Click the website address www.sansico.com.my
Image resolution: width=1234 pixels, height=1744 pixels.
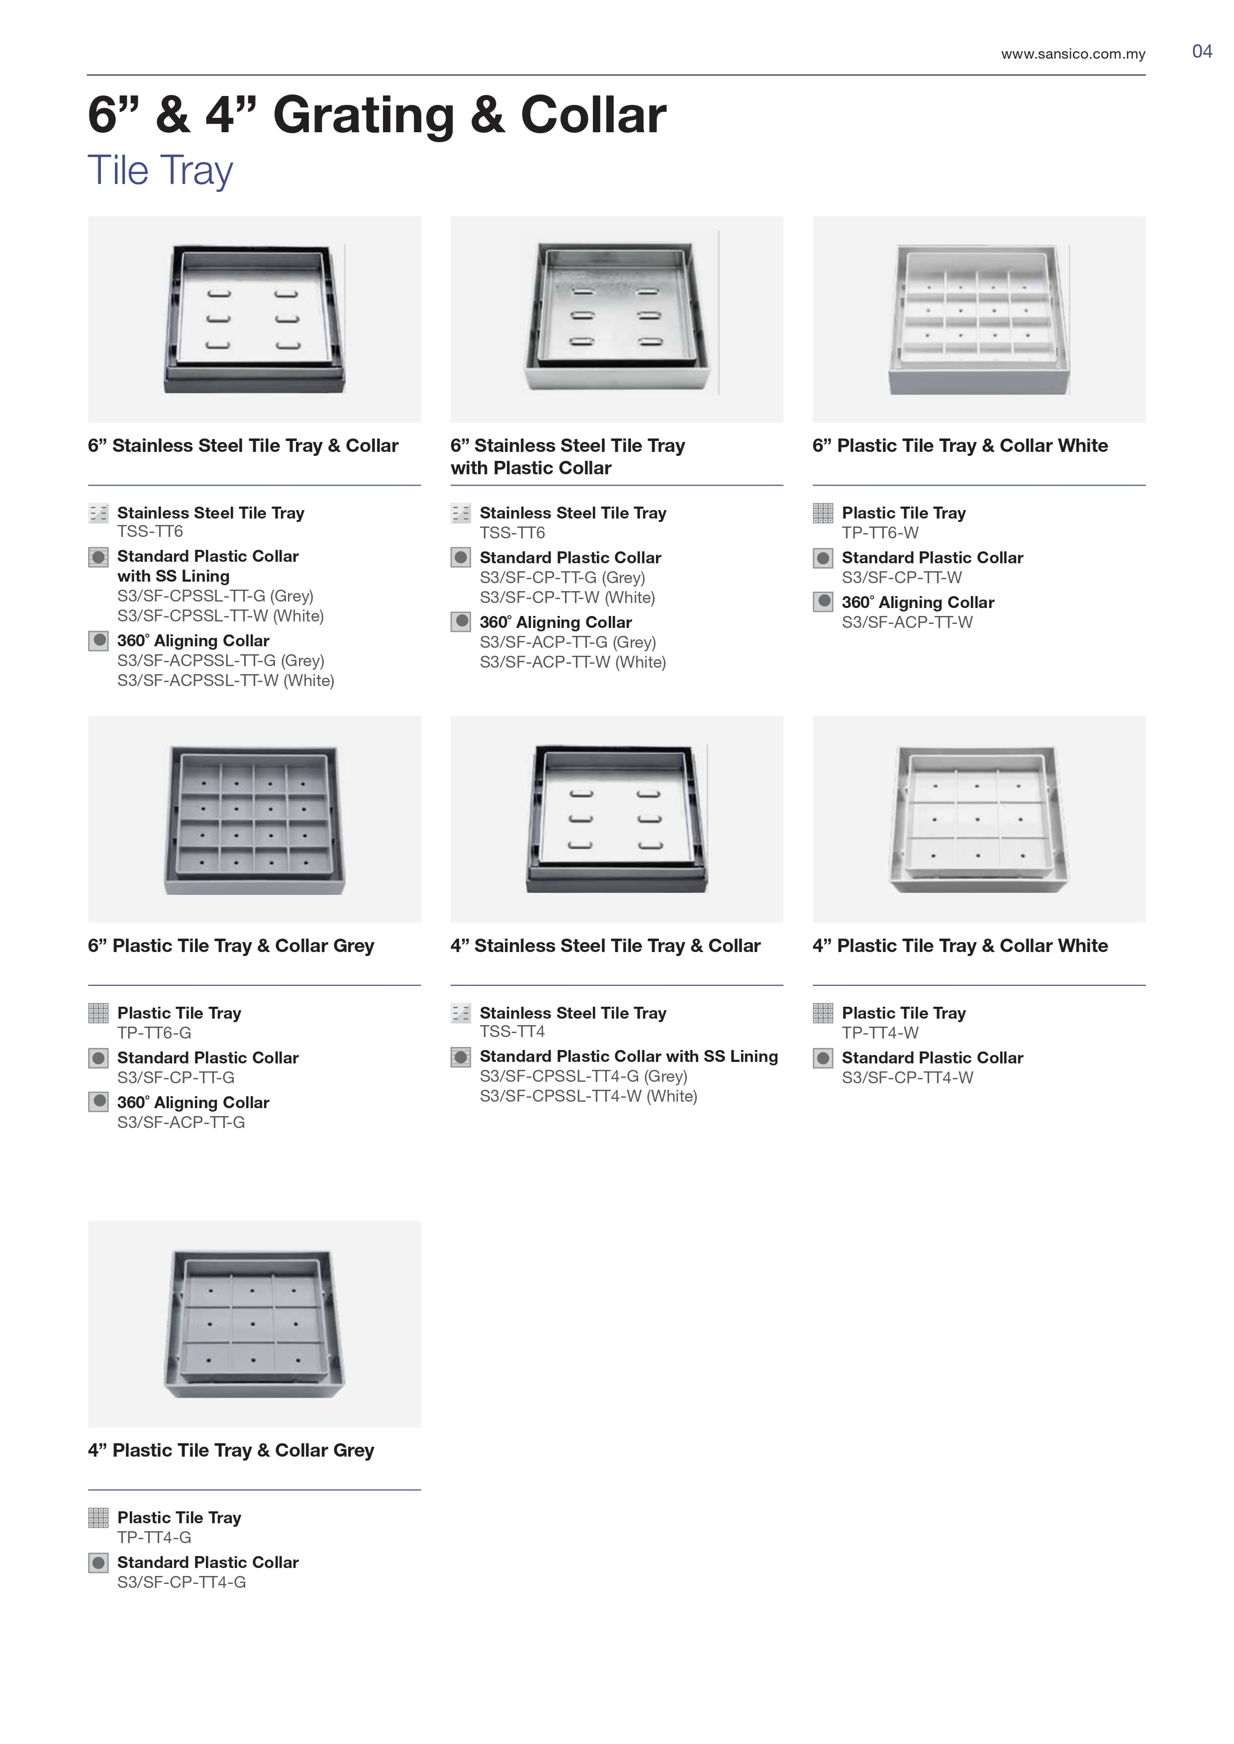click(x=1073, y=54)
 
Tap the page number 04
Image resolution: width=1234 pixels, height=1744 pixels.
click(x=1202, y=52)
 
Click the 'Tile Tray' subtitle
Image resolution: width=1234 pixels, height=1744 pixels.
click(x=160, y=170)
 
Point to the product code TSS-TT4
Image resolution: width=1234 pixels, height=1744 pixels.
click(x=512, y=1032)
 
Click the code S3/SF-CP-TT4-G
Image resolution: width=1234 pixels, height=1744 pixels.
click(x=182, y=1582)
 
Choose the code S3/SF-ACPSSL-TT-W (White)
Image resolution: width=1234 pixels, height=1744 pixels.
click(x=226, y=681)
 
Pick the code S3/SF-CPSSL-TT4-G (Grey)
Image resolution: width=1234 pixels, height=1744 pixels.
click(x=583, y=1076)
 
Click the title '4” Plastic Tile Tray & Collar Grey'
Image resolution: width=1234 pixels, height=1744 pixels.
click(x=231, y=1450)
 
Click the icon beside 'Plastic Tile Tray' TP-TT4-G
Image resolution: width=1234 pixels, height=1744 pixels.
click(x=98, y=1518)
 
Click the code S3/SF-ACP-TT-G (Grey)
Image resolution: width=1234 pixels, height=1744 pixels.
click(x=568, y=643)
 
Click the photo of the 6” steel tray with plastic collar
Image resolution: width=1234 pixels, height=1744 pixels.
click(x=616, y=319)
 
